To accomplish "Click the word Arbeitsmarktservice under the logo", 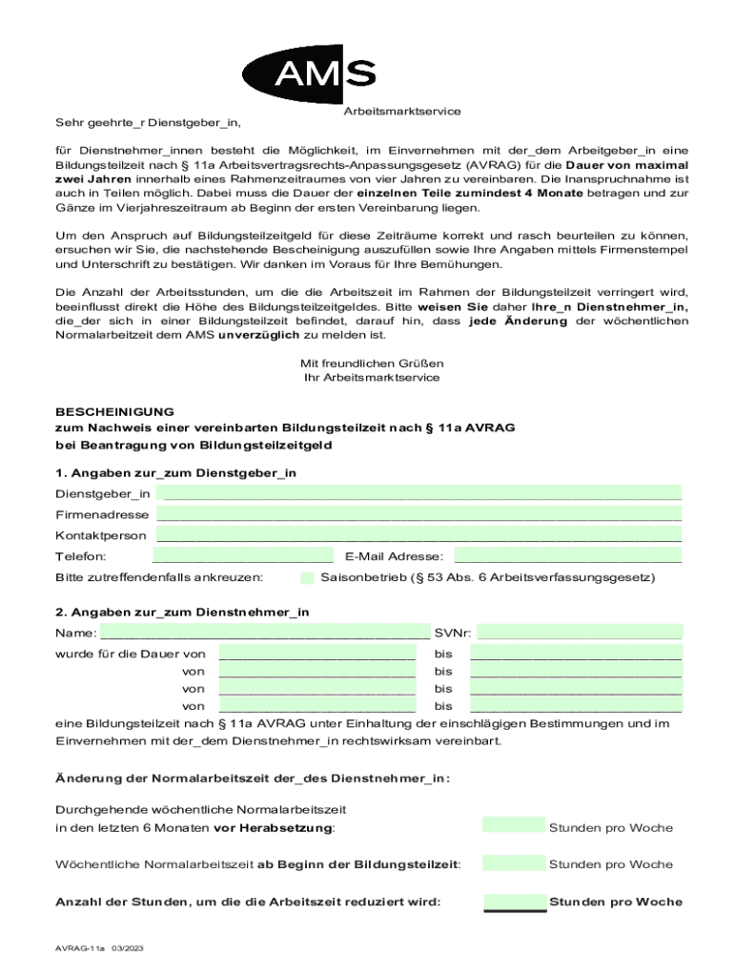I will click(401, 112).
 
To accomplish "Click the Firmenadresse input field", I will click(419, 513).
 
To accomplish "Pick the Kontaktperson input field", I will click(419, 535).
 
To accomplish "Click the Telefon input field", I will click(242, 556).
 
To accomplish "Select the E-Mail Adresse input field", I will click(568, 556).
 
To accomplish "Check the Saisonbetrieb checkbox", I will click(307, 577).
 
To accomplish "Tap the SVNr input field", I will click(580, 632).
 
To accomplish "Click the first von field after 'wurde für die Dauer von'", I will click(316, 654).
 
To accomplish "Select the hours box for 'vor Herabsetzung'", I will click(514, 826).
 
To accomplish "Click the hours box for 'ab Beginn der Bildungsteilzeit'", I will click(514, 863).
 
